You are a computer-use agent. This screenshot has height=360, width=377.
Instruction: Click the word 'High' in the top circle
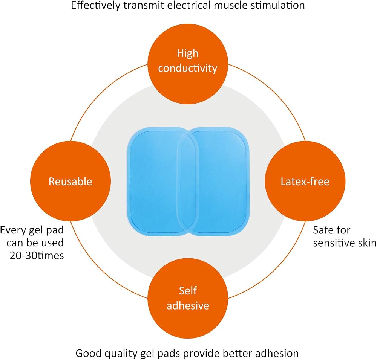[x=188, y=53]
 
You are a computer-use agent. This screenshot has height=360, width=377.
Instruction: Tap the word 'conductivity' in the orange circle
[x=188, y=68]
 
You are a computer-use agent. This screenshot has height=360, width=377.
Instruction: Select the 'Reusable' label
[x=70, y=182]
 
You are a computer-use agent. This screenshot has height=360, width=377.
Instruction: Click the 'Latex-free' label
[x=305, y=182]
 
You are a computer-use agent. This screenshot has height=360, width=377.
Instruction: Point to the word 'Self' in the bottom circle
[x=188, y=291]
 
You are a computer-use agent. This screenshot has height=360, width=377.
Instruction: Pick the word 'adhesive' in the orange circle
[x=188, y=305]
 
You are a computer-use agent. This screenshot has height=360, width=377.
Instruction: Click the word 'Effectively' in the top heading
[x=95, y=5]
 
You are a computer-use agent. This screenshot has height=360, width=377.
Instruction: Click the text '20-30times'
[x=37, y=256]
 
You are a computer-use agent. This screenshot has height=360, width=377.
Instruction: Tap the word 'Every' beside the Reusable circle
[x=13, y=230]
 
